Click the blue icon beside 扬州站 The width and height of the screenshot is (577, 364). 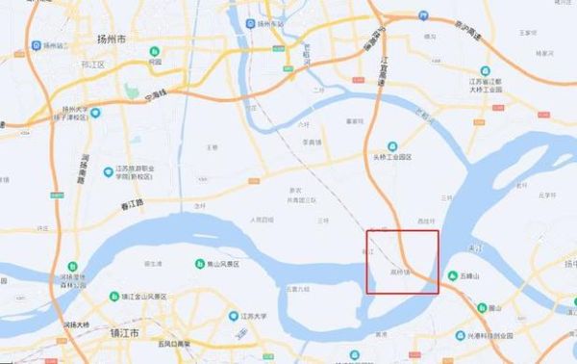tap(36, 45)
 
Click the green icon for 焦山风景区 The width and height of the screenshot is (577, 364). tap(200, 264)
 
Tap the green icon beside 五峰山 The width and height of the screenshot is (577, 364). tap(452, 275)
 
